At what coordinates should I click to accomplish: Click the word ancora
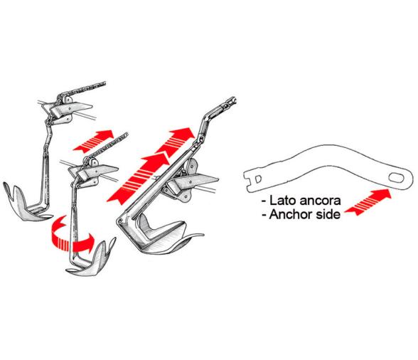320,201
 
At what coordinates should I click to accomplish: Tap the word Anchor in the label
290,214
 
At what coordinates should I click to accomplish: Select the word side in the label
327,214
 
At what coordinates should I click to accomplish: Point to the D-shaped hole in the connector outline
258,179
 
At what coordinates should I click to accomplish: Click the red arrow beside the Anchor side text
368,201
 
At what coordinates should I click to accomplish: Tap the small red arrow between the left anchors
93,141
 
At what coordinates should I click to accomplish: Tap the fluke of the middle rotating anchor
93,260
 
